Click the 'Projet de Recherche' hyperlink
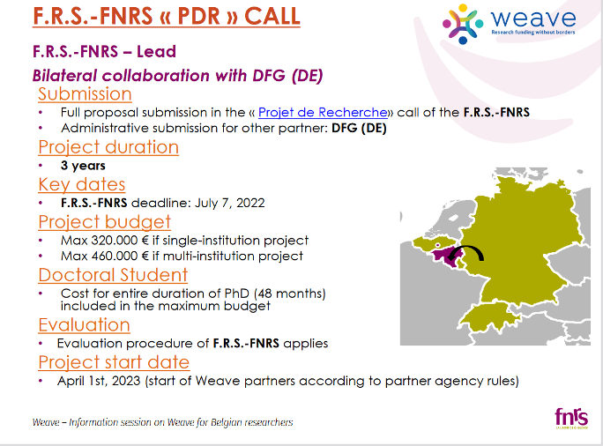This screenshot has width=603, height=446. [x=323, y=112]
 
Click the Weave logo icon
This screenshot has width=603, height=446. [x=463, y=24]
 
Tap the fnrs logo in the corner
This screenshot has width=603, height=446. [x=571, y=418]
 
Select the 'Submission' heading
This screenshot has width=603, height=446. [x=85, y=94]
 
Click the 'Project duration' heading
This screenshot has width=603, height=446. [x=108, y=147]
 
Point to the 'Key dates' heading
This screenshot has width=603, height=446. [x=82, y=184]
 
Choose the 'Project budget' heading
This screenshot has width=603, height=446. [x=105, y=222]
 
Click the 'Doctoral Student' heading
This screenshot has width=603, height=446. [x=113, y=275]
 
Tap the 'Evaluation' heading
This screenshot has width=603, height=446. [x=85, y=325]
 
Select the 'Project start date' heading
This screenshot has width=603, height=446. [x=114, y=362]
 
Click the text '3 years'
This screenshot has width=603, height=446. [x=83, y=166]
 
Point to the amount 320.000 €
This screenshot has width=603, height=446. [x=120, y=241]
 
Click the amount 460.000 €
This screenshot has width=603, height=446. [x=120, y=256]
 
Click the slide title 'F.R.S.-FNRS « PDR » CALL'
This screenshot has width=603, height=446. [x=167, y=16]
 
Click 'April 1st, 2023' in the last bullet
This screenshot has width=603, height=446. [x=99, y=381]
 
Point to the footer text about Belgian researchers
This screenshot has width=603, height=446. [x=163, y=422]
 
